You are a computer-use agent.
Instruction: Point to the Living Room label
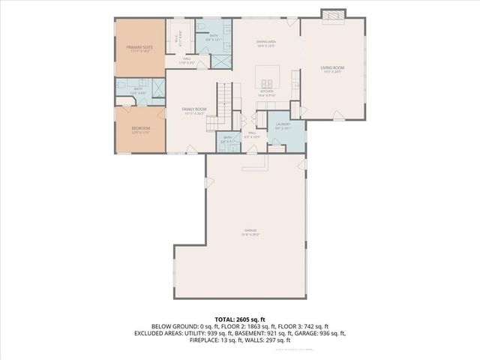coord(332,70)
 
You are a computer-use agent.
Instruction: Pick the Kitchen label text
coord(267,91)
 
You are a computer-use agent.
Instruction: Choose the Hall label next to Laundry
coord(253,133)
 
